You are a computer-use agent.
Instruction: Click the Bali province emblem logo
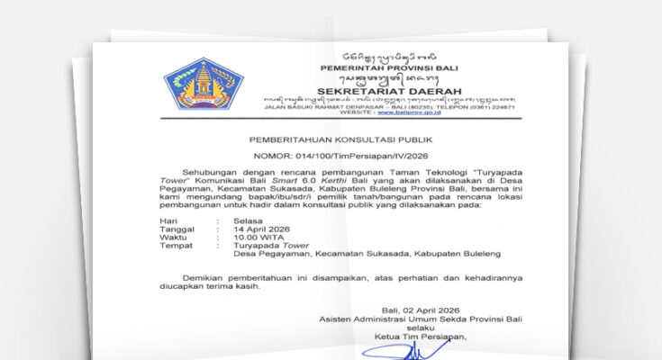click(x=204, y=83)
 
